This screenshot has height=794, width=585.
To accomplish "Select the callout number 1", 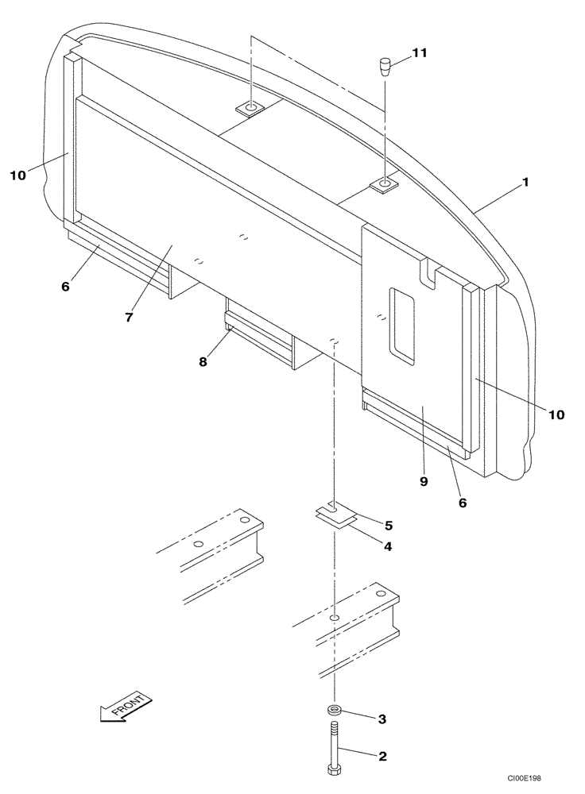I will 525,182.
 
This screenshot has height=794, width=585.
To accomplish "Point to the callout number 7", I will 128,317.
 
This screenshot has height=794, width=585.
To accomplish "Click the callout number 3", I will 382,719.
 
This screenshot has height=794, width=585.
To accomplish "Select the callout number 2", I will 382,757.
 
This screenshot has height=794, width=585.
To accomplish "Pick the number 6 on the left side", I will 65,286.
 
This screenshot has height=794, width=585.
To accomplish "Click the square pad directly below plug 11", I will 385,186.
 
